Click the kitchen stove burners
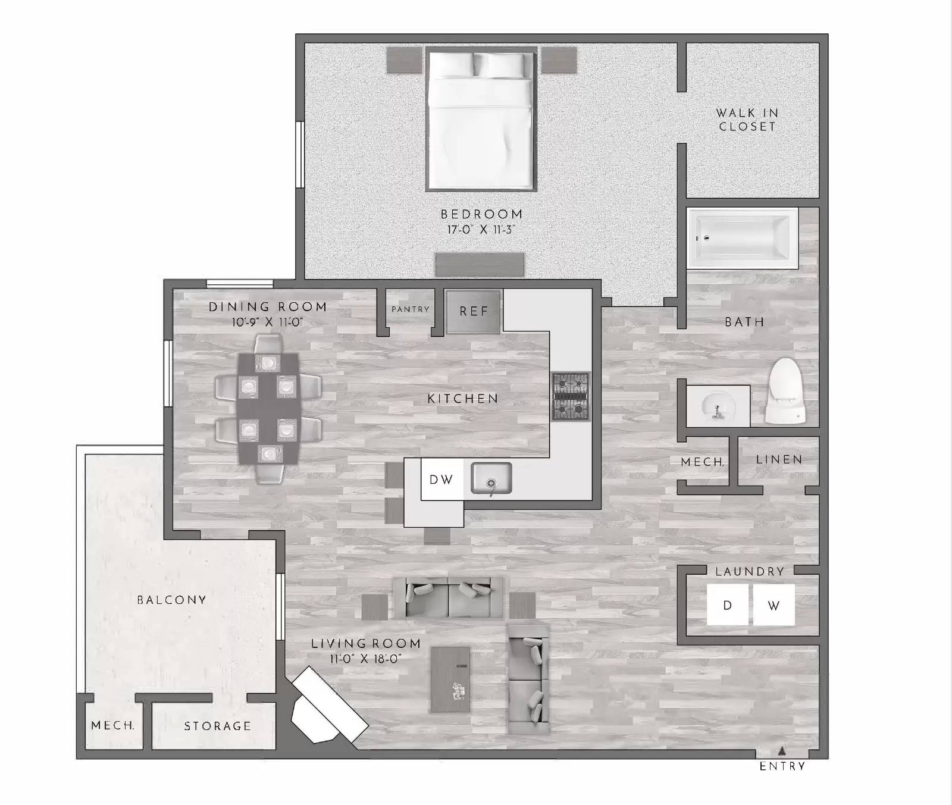(571, 396)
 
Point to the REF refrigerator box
(474, 311)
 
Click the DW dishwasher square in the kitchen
(441, 480)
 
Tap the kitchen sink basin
(491, 478)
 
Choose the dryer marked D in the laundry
(727, 605)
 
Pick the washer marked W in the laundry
(773, 605)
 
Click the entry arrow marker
(782, 750)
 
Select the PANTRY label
(410, 309)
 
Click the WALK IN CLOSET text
(747, 120)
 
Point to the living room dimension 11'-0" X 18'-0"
(366, 659)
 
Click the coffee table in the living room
(450, 679)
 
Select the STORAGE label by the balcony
(217, 726)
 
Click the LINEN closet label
(779, 459)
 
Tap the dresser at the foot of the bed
(479, 264)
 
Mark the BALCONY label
(171, 600)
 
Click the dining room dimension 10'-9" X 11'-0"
(268, 322)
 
